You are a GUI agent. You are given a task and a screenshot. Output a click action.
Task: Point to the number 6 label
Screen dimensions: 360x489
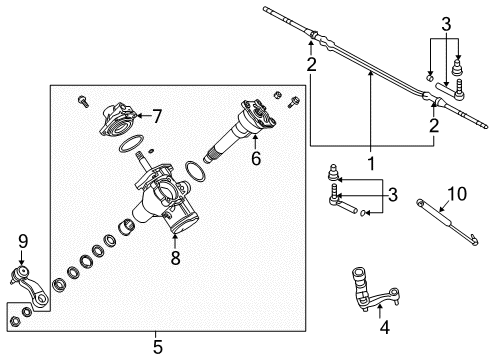(254, 159)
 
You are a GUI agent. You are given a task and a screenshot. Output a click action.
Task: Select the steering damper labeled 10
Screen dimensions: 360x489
(440, 217)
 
